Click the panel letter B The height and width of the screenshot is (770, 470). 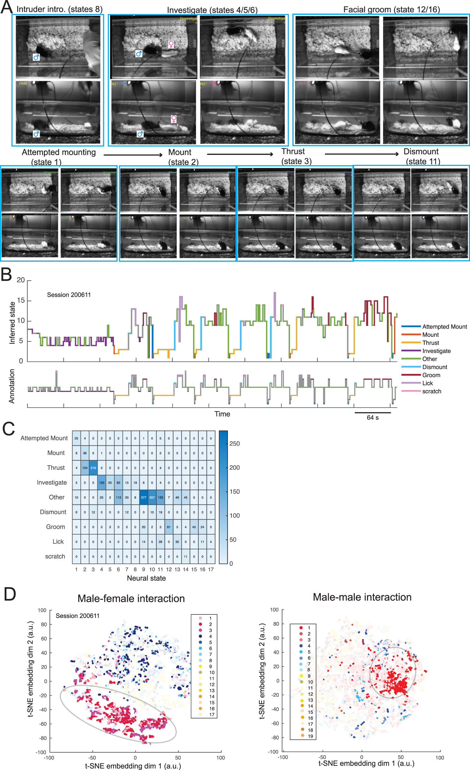(6, 274)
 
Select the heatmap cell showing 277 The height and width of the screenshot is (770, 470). (143, 497)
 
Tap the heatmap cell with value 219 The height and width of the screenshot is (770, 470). (93, 468)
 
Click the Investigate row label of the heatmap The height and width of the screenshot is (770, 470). (52, 482)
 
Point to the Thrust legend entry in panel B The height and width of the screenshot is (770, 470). (430, 343)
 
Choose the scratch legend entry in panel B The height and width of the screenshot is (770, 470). (431, 391)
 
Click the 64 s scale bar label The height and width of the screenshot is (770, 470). (372, 417)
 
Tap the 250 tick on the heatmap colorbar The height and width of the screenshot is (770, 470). (234, 443)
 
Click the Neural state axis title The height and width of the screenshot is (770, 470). (146, 578)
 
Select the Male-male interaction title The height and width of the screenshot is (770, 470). (362, 597)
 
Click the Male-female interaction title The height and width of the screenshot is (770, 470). (131, 598)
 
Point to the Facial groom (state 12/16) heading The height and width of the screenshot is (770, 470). (392, 9)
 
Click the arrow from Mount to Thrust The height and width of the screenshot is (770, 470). (240, 154)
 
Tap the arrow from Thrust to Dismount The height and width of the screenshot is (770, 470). (361, 154)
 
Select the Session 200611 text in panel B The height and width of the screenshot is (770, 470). (69, 294)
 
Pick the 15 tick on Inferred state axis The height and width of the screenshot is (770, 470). (21, 300)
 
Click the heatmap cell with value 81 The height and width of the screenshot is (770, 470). (169, 527)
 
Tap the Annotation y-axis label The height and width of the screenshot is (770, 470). (12, 386)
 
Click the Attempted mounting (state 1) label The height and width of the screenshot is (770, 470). (59, 157)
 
